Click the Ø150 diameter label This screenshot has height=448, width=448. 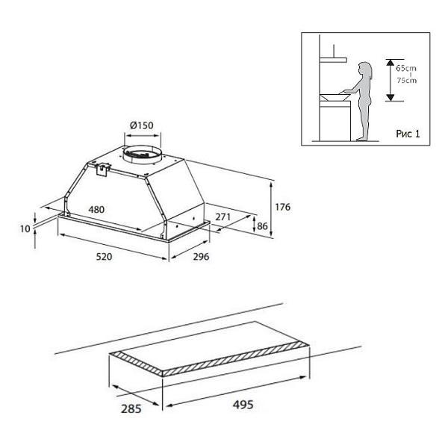click(x=142, y=125)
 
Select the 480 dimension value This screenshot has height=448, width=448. click(x=96, y=209)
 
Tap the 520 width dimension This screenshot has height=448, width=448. click(x=104, y=257)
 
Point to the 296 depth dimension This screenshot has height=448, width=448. click(x=201, y=257)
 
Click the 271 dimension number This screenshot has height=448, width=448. click(x=223, y=217)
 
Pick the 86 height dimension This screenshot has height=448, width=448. click(x=262, y=226)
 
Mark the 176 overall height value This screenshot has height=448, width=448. click(x=282, y=207)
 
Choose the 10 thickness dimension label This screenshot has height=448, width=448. click(x=25, y=229)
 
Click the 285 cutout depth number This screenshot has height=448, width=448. click(x=131, y=409)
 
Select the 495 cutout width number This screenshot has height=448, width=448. click(x=243, y=405)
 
